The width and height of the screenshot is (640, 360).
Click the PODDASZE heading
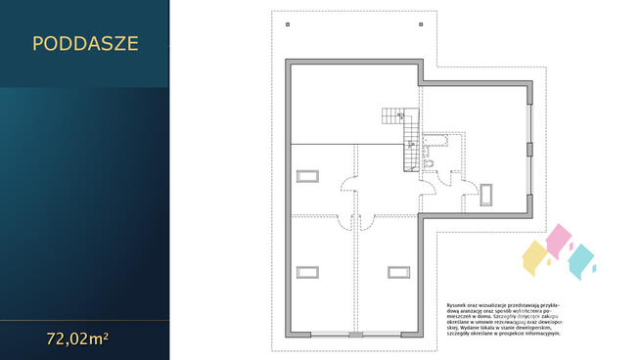tap(85, 43)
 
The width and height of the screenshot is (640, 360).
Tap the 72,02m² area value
tap(77, 340)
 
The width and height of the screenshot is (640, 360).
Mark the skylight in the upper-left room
tap(307, 175)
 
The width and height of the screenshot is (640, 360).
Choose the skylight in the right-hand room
tap(488, 190)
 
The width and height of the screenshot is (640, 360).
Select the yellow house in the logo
tap(534, 256)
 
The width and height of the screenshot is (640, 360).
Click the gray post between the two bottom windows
tap(355, 335)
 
